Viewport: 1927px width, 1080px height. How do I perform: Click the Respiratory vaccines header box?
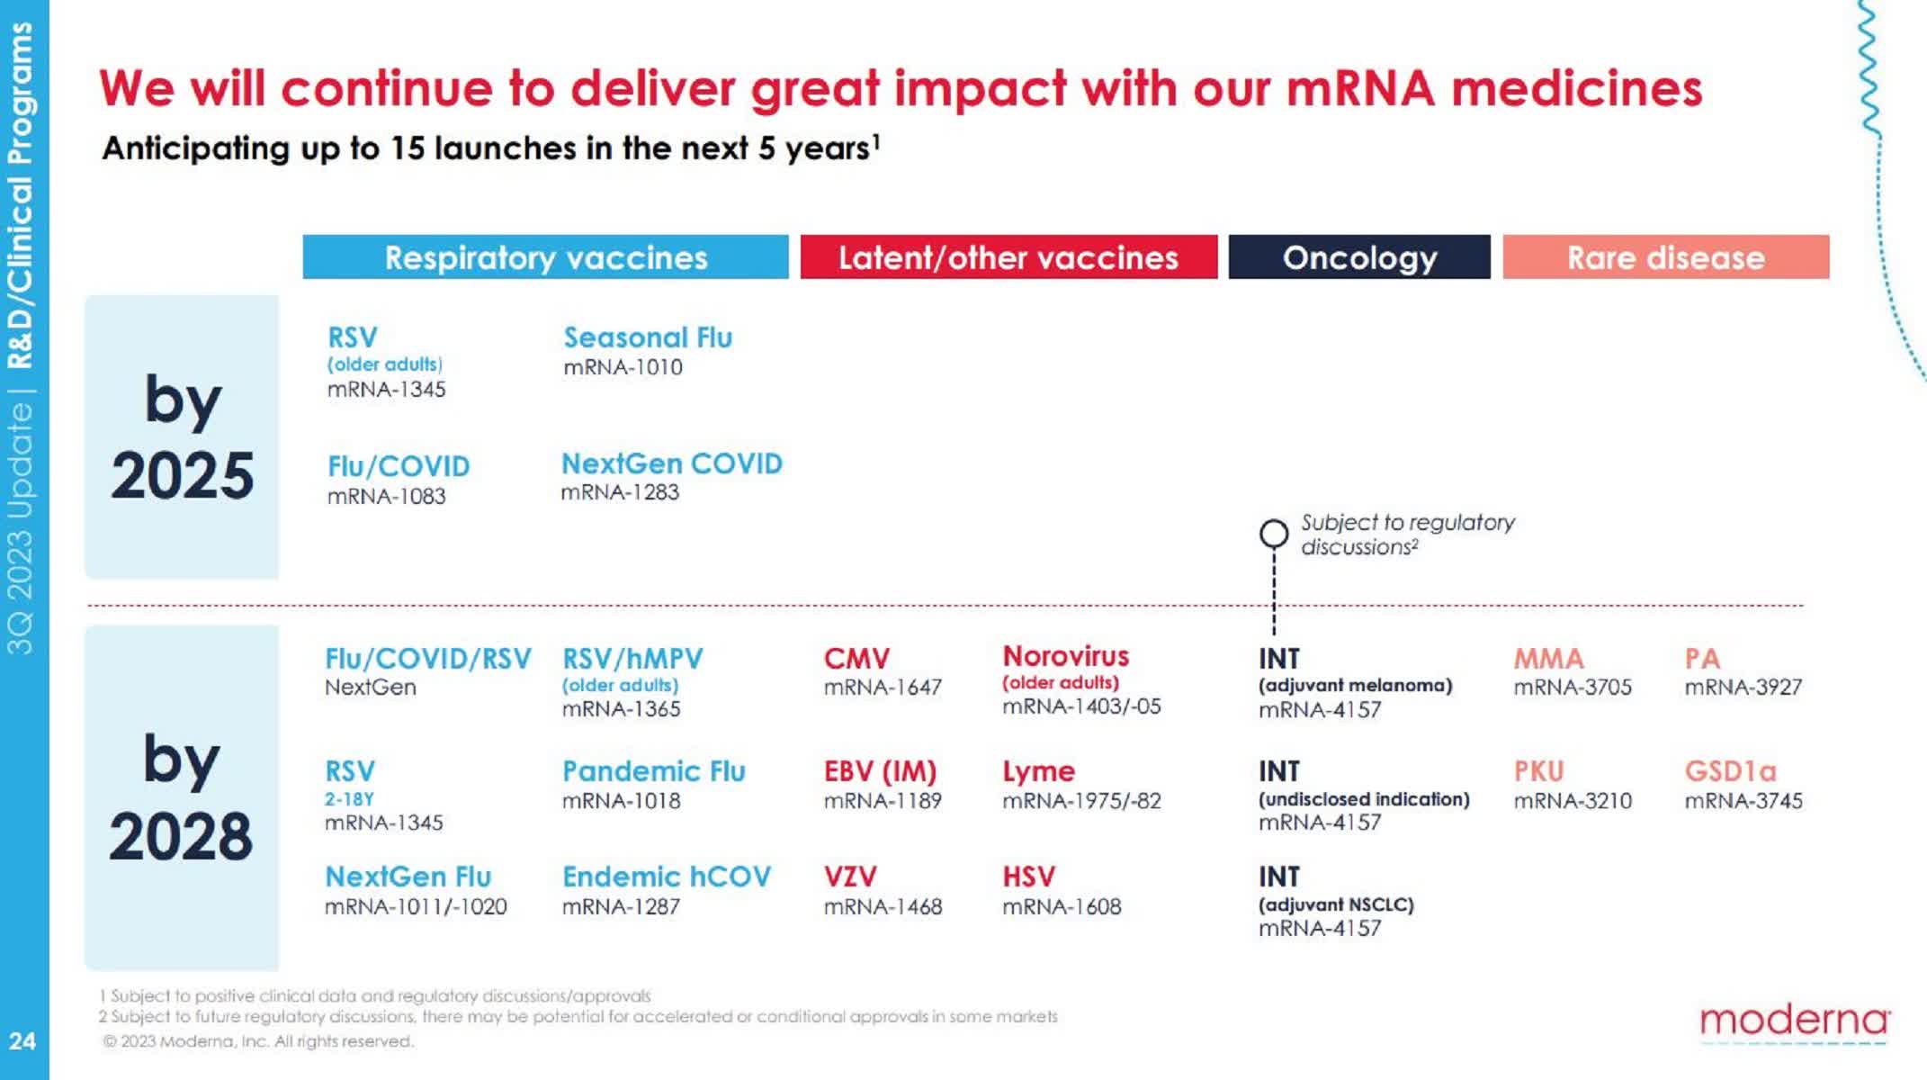pyautogui.click(x=545, y=257)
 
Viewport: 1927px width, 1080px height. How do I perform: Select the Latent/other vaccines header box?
pyautogui.click(x=1008, y=257)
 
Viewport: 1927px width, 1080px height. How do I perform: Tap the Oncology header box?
pyautogui.click(x=1358, y=257)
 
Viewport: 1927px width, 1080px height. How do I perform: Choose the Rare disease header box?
pyautogui.click(x=1665, y=257)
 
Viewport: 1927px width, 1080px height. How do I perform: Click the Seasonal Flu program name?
pyautogui.click(x=648, y=337)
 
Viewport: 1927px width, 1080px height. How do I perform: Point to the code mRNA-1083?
pyautogui.click(x=386, y=496)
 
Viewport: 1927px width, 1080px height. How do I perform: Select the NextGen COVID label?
pyautogui.click(x=671, y=463)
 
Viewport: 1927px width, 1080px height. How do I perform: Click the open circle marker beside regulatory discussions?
pyautogui.click(x=1273, y=534)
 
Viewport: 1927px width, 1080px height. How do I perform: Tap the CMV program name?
pyautogui.click(x=856, y=659)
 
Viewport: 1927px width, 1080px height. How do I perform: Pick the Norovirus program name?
pyautogui.click(x=1065, y=656)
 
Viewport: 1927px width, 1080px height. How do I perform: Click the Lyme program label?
pyautogui.click(x=1038, y=771)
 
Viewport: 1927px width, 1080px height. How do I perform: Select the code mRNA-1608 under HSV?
pyautogui.click(x=1062, y=906)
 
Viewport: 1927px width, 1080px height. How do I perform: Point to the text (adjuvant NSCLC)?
pyautogui.click(x=1336, y=904)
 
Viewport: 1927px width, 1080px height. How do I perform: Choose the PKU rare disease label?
pyautogui.click(x=1538, y=771)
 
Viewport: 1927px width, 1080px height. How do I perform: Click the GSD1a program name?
pyautogui.click(x=1730, y=771)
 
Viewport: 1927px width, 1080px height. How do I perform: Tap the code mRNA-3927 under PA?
pyautogui.click(x=1743, y=688)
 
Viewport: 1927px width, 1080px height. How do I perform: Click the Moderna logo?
pyautogui.click(x=1794, y=1021)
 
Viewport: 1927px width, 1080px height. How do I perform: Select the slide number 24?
pyautogui.click(x=22, y=1041)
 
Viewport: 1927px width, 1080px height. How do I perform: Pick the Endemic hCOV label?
pyautogui.click(x=666, y=877)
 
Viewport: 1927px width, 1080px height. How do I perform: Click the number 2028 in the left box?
pyautogui.click(x=181, y=836)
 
